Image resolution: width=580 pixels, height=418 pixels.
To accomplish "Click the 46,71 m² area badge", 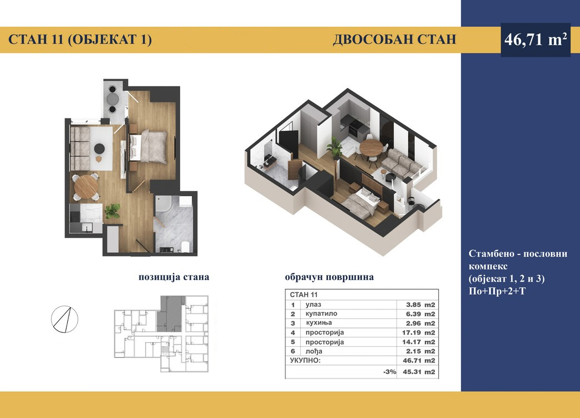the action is pyautogui.click(x=536, y=40).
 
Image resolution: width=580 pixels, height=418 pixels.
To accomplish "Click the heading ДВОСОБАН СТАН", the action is pyautogui.click(x=394, y=40).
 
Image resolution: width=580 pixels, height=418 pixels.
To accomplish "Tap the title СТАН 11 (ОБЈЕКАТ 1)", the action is pyautogui.click(x=80, y=40).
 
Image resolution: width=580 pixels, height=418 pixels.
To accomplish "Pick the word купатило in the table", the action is pyautogui.click(x=321, y=313).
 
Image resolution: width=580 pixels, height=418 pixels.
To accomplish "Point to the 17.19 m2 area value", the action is pyautogui.click(x=419, y=332).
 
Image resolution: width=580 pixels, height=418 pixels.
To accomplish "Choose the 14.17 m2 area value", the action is pyautogui.click(x=419, y=342).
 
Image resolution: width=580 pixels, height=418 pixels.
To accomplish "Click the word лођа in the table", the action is pyautogui.click(x=314, y=351).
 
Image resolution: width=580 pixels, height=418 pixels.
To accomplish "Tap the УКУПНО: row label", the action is pyautogui.click(x=305, y=360).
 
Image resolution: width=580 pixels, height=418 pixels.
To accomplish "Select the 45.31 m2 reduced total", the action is pyautogui.click(x=419, y=372).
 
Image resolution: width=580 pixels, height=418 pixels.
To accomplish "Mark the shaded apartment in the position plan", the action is pyautogui.click(x=170, y=313).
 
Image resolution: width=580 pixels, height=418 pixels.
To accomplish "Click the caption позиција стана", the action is pyautogui.click(x=174, y=277).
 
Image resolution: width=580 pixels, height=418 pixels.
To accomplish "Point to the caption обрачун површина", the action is pyautogui.click(x=329, y=277).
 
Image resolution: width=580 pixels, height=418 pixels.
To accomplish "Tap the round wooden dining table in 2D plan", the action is pyautogui.click(x=86, y=186).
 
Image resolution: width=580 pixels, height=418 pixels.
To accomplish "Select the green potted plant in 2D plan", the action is pyautogui.click(x=112, y=211).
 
